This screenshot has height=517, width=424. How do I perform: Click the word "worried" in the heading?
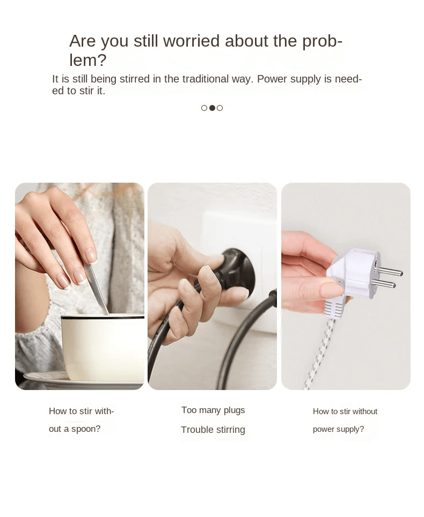click(x=192, y=41)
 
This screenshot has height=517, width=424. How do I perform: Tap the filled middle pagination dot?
click(x=212, y=108)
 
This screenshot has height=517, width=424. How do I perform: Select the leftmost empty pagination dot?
click(x=204, y=108)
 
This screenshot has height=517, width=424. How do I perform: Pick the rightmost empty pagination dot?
click(x=220, y=108)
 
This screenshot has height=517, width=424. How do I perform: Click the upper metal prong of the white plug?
click(x=390, y=271)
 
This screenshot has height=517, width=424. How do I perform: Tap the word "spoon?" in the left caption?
click(x=86, y=429)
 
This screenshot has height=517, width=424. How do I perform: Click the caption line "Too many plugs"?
click(x=213, y=410)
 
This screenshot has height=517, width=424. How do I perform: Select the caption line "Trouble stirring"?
click(x=213, y=430)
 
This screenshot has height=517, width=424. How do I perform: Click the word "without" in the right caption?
click(x=365, y=411)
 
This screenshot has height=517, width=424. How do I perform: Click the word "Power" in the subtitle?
click(x=272, y=79)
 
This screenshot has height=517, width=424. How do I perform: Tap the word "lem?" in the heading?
click(x=88, y=60)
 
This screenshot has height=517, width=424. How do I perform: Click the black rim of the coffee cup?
click(x=103, y=317)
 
